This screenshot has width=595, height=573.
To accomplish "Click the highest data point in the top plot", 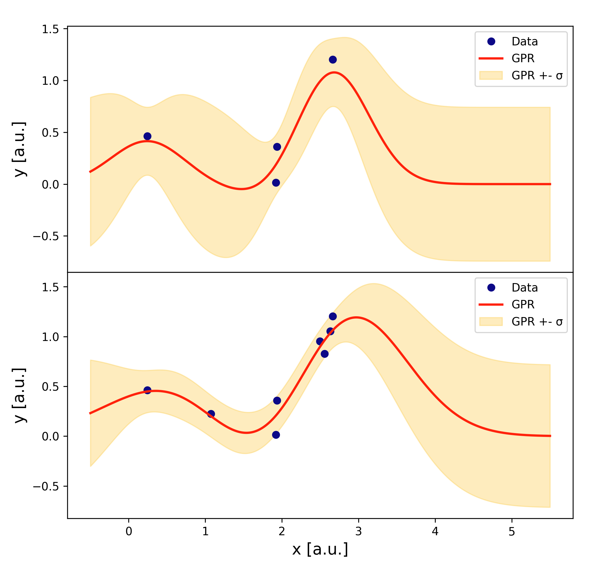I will point(333,60).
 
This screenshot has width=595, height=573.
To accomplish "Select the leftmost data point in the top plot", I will point(147,136).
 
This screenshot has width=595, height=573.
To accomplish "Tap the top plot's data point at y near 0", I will point(276,183).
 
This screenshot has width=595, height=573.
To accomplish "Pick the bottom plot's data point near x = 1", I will point(211,414).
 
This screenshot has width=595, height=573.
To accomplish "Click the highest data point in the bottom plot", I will point(333,316).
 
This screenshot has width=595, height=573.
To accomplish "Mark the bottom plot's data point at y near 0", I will point(276,435).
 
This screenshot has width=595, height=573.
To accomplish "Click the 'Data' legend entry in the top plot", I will point(524,42).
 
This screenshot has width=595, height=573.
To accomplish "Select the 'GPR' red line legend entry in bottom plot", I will point(522,304).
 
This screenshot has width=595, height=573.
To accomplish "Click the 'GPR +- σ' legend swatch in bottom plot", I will point(491,321).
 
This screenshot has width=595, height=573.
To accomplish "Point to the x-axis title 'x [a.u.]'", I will point(320,549).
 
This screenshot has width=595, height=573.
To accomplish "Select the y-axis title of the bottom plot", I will point(20,396).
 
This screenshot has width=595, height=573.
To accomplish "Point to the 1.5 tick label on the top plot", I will point(50,29).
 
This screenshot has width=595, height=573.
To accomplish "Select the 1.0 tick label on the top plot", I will point(50,81).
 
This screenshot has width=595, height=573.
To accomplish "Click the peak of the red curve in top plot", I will point(334,73).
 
